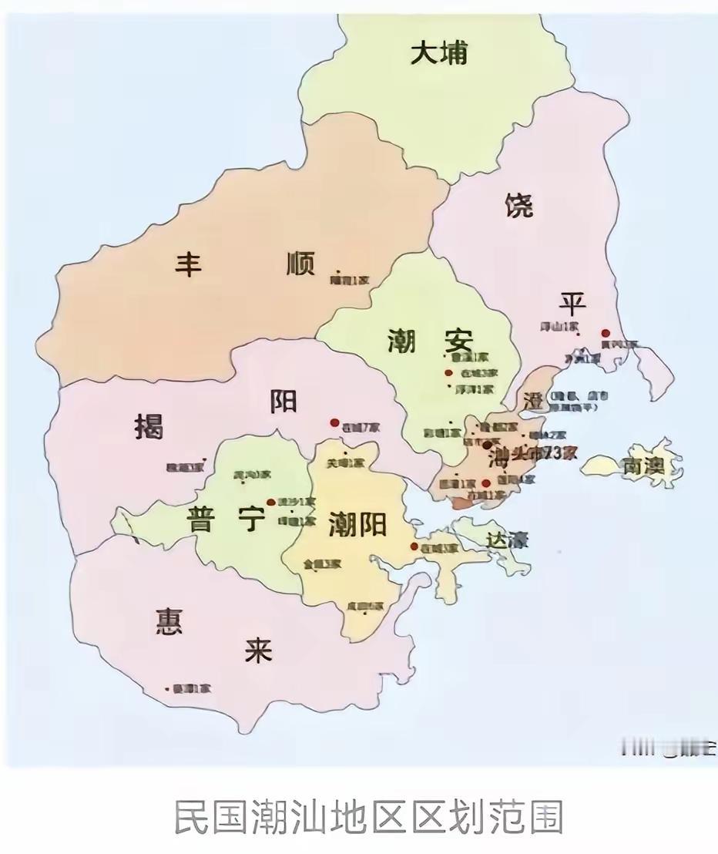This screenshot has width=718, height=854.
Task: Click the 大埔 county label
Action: (438, 54)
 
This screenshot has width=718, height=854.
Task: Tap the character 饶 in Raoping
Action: (519, 206)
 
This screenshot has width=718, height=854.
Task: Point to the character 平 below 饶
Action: (572, 303)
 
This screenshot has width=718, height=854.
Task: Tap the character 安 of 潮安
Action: (458, 339)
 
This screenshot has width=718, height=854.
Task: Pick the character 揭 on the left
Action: (149, 425)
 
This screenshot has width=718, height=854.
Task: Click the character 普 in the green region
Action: (201, 519)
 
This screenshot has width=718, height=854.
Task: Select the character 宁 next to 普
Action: (251, 519)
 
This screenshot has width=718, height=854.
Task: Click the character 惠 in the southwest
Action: (169, 620)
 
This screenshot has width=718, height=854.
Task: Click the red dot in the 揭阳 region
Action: (334, 422)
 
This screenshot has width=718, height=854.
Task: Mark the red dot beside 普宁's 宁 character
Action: (270, 502)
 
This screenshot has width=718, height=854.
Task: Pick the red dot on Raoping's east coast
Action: (606, 333)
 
